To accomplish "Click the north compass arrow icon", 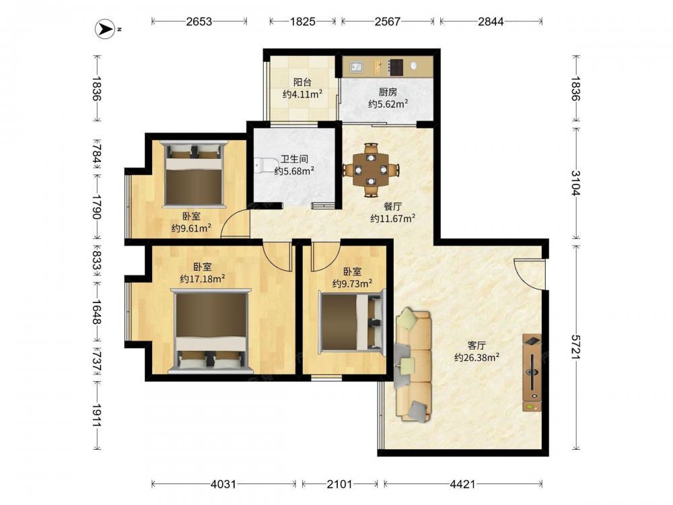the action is click(x=105, y=29).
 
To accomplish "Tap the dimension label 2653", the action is click(x=199, y=22).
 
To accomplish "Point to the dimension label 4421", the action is click(x=463, y=484).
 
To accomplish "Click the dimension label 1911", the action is click(x=96, y=415).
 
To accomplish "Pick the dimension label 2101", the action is click(x=339, y=484).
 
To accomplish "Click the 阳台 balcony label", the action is click(x=302, y=82).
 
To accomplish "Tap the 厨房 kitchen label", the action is click(x=388, y=92).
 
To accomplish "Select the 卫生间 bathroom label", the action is click(x=295, y=159).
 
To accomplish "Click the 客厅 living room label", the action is click(x=476, y=345).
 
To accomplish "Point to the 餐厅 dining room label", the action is click(x=392, y=207).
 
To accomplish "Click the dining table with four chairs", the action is click(x=371, y=170).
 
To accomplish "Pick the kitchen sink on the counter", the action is click(x=356, y=67).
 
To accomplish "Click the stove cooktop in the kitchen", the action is click(x=396, y=67).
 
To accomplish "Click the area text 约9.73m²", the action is click(x=352, y=283).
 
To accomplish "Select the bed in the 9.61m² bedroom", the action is click(x=194, y=174).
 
